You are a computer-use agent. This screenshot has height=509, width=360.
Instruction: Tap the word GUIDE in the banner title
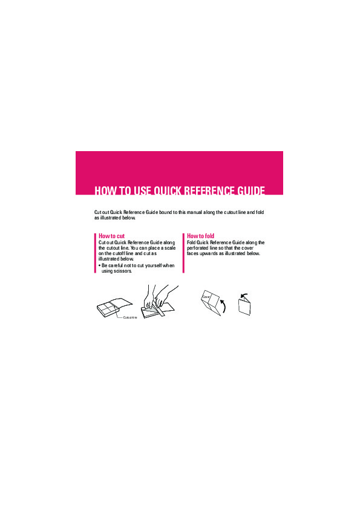[251, 190]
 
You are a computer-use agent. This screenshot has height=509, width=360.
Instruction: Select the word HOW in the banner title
[103, 190]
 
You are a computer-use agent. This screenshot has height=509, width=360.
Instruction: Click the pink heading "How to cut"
[111, 236]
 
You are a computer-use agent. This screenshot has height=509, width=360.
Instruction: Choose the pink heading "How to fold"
[200, 236]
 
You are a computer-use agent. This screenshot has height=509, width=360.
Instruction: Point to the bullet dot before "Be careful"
[99, 265]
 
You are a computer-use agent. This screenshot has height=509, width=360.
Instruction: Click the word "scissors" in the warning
[122, 271]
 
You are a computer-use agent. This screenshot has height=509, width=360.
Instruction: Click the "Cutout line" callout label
[130, 317]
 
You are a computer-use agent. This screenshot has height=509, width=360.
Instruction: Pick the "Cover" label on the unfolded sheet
[206, 297]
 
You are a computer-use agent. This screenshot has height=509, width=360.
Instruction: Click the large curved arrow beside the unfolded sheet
[223, 306]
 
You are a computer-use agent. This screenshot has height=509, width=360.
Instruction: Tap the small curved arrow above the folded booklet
[244, 296]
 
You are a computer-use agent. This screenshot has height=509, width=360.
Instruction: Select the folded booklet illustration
[245, 306]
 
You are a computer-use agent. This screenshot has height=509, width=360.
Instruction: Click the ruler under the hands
[161, 308]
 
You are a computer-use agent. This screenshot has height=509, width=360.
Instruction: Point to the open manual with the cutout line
[115, 307]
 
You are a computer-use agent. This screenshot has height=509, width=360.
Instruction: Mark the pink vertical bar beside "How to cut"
[95, 253]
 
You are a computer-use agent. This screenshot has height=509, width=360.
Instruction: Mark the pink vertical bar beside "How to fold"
[183, 253]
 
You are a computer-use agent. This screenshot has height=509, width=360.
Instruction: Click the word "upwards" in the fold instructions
[209, 254]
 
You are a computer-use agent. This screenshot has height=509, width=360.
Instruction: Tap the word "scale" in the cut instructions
[169, 248]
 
